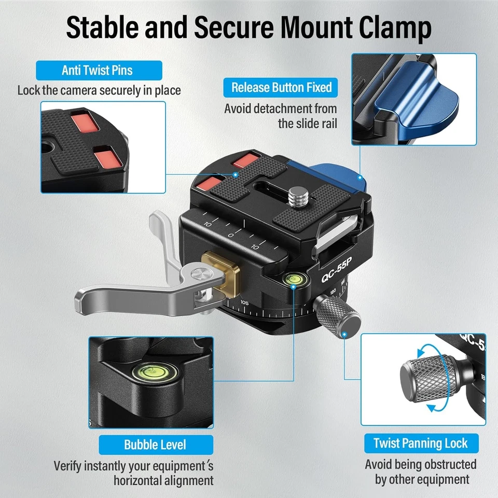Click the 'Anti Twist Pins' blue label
(99, 70)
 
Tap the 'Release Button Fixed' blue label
(281, 87)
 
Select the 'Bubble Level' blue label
(155, 445)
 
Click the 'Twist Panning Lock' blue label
(420, 444)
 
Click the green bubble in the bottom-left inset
(149, 370)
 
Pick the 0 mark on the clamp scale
(231, 236)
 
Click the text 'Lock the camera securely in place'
(99, 90)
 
